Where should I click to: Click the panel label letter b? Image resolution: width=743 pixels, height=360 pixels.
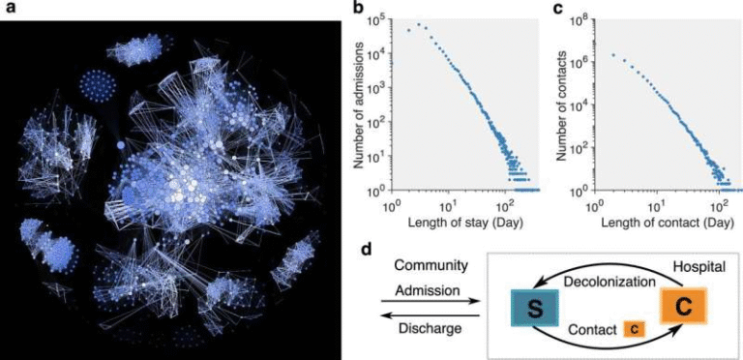(x=358, y=10)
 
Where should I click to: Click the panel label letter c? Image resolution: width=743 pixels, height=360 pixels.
(x=556, y=10)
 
